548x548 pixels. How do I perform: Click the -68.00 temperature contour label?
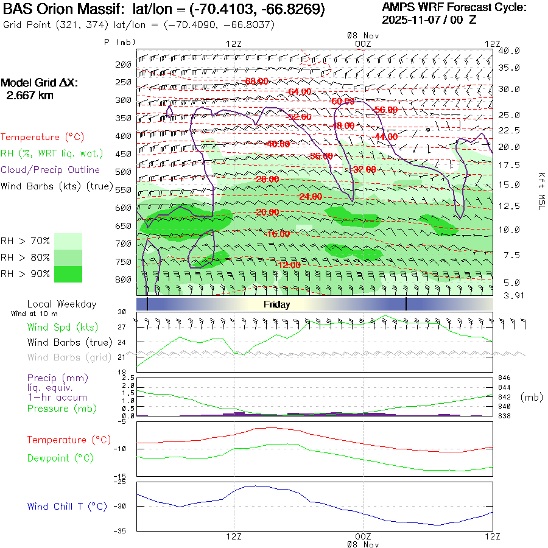point(255,81)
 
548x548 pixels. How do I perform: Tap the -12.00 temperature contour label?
point(287,265)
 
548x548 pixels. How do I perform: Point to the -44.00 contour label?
point(385,137)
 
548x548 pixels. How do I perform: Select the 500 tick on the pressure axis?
point(124,172)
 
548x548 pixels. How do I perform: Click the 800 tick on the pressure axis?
point(124,279)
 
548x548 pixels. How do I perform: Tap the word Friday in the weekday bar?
point(276,304)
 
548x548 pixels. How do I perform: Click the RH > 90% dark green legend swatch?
point(68,274)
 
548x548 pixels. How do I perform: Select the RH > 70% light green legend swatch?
point(68,241)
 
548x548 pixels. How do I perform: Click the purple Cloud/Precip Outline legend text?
point(50,170)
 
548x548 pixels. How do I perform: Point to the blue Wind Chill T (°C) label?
point(67,506)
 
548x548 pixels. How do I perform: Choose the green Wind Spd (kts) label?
point(63,327)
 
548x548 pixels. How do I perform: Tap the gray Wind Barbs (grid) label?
point(68,357)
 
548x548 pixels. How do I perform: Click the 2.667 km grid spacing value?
point(30,96)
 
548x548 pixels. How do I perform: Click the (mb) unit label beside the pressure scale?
point(531,397)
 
